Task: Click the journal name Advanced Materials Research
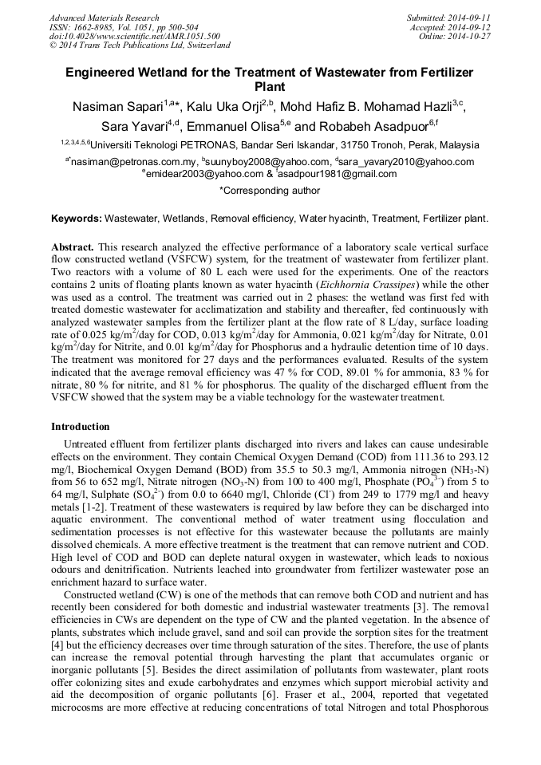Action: [x=104, y=18]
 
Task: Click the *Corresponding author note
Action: [x=270, y=191]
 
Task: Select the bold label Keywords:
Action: [x=77, y=218]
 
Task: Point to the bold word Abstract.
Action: [x=72, y=248]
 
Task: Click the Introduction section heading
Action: [x=81, y=427]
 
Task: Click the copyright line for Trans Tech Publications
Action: [x=140, y=45]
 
